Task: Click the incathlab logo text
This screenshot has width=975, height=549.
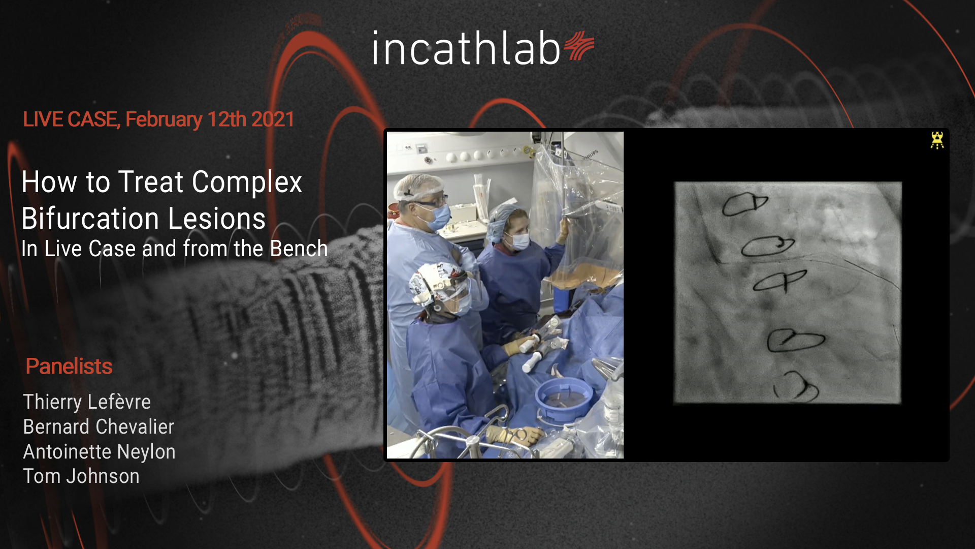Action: [466, 48]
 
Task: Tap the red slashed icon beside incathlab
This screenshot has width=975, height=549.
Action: [579, 46]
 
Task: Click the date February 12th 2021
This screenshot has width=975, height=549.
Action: [210, 119]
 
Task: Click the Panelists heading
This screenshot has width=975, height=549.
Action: [69, 366]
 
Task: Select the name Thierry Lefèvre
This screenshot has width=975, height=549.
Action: [87, 402]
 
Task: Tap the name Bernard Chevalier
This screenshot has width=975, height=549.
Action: [99, 426]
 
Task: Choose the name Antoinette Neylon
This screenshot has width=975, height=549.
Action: [100, 451]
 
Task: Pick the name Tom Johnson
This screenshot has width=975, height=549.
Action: [81, 476]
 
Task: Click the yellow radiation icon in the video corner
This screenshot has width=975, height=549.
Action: [937, 140]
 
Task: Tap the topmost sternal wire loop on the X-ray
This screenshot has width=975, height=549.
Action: [744, 204]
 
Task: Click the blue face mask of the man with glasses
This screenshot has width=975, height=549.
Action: [437, 218]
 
